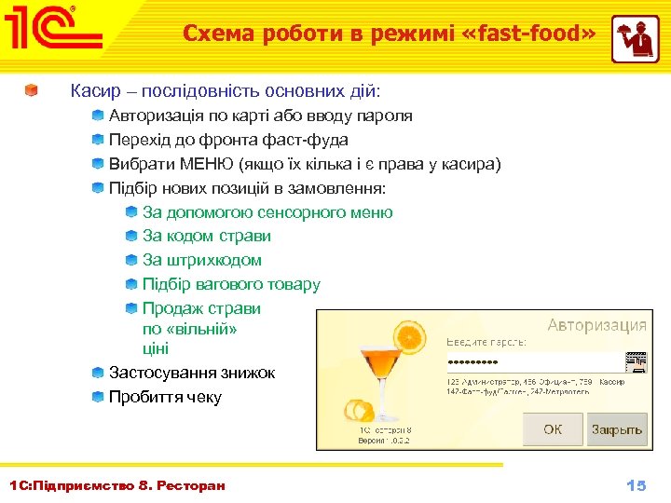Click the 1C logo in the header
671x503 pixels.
point(53,33)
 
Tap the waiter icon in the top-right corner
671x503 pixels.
point(635,38)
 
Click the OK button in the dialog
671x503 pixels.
point(553,429)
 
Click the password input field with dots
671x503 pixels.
point(533,361)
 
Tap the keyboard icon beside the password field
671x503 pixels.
point(637,361)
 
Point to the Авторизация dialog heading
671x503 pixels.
point(596,325)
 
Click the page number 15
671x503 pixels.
point(636,485)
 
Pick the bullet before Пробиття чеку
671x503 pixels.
point(98,397)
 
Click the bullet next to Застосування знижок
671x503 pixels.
point(98,373)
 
